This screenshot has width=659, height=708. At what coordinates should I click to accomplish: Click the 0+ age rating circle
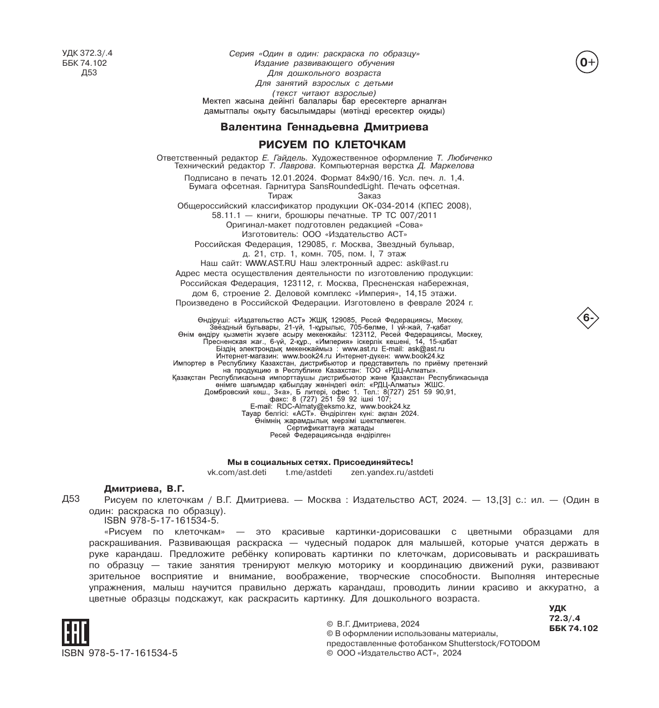coord(587,63)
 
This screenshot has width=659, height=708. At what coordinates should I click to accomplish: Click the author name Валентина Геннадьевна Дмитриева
coord(324,127)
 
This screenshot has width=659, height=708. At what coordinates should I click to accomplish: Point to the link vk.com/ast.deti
coord(236,472)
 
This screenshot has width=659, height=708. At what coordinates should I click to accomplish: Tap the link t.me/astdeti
coord(308,472)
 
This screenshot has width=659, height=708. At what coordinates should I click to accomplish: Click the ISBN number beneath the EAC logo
coord(119,653)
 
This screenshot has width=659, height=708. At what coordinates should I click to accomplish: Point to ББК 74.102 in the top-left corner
coord(84,63)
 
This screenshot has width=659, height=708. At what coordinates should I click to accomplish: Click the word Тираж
coord(280,196)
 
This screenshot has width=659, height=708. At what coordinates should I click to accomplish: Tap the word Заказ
coord(369,196)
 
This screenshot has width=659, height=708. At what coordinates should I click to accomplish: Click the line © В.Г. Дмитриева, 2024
coord(372,624)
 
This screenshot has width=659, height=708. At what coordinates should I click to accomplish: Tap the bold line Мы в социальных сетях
coord(321,462)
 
